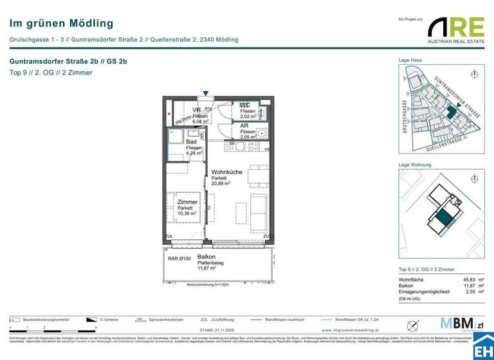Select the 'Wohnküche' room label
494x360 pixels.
[x=227, y=172]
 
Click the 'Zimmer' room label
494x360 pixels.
[x=187, y=202]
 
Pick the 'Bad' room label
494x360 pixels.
[x=191, y=141]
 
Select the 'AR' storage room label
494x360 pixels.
[x=244, y=127]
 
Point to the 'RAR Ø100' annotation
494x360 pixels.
[x=179, y=258]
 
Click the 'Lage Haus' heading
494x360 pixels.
[x=410, y=60]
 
